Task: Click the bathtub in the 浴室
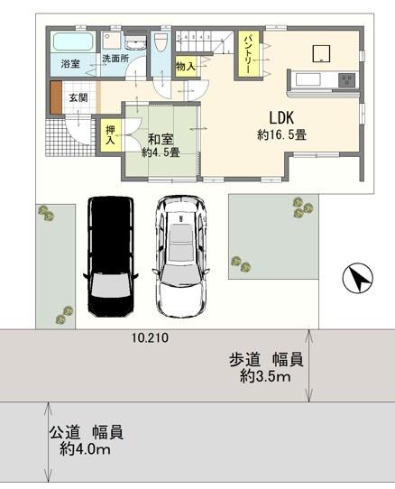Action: tap(69, 42)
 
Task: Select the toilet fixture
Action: tap(161, 42)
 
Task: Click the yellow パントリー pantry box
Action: tap(248, 53)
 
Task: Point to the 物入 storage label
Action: tap(186, 66)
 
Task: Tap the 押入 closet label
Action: tap(110, 136)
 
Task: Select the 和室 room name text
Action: tap(161, 140)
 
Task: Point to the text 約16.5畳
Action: tap(282, 135)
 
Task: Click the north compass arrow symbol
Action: tap(358, 280)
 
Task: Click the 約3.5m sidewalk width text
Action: tap(265, 377)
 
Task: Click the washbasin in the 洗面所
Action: tap(133, 42)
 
